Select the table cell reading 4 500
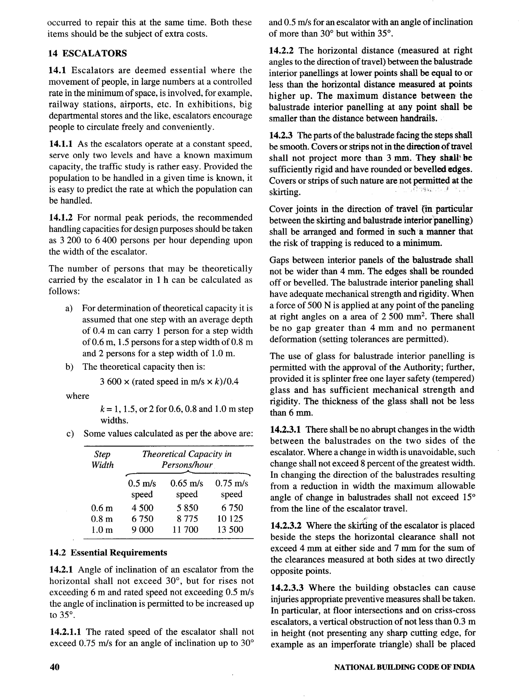(x=142, y=508)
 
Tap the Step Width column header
(x=102, y=460)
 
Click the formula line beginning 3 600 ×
(x=169, y=382)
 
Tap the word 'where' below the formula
(x=77, y=396)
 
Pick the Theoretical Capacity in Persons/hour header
(x=187, y=459)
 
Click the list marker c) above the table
(x=70, y=434)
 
